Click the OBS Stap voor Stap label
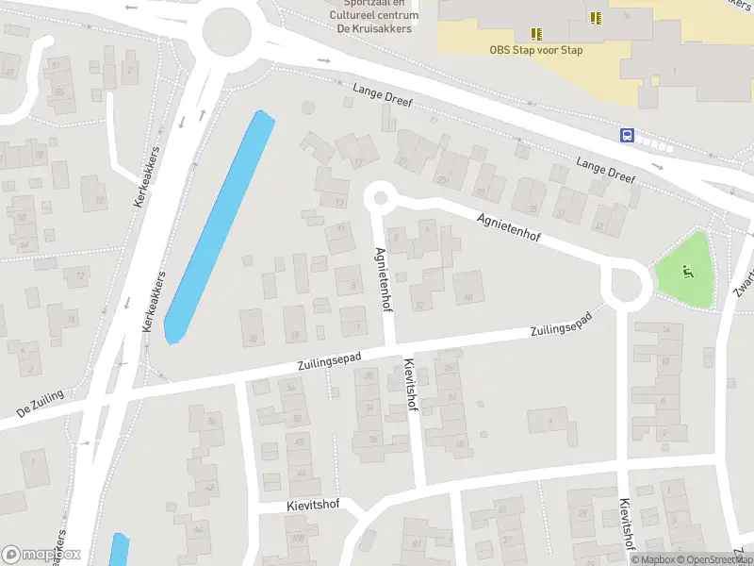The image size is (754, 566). point(535,50)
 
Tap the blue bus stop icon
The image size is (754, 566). point(627,135)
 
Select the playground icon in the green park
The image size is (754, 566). point(688,273)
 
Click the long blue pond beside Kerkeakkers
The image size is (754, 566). point(220,226)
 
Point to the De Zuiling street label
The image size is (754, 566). point(41,405)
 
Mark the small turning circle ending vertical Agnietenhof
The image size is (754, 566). point(380,197)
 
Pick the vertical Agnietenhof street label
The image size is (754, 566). point(383,280)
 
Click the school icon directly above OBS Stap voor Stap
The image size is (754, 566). point(536,33)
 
